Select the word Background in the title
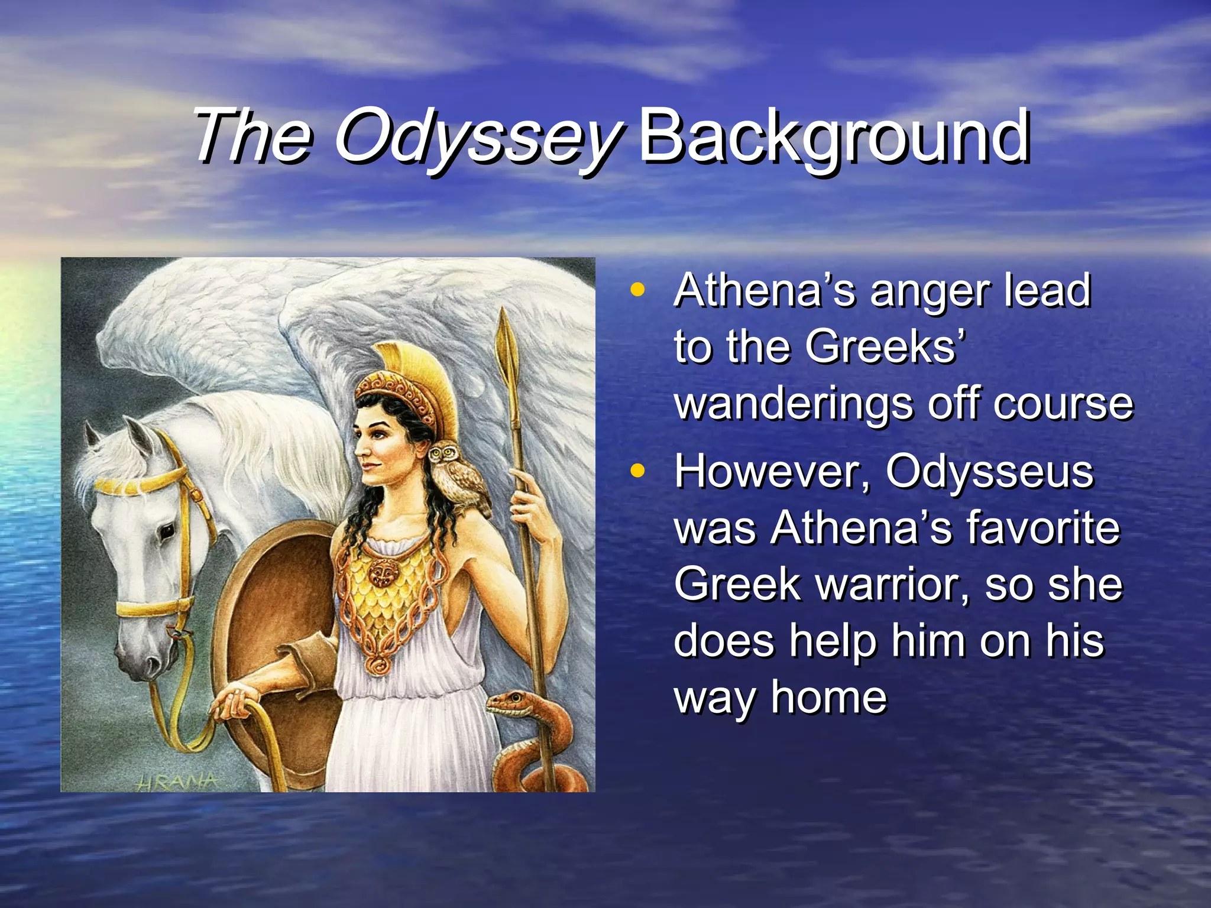(834, 137)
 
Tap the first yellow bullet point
(637, 290)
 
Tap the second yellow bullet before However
(637, 471)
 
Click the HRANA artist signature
(177, 781)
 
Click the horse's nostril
(150, 664)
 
